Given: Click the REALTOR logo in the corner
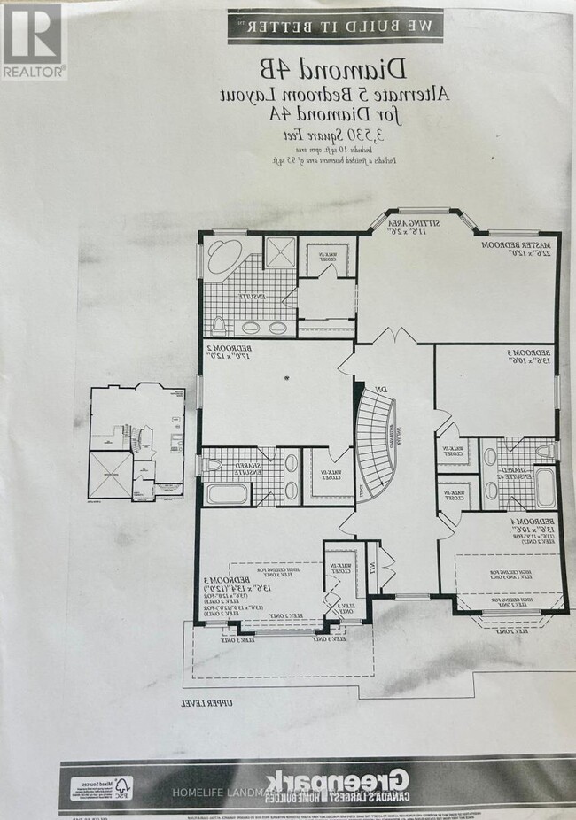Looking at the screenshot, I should click(x=33, y=40).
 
